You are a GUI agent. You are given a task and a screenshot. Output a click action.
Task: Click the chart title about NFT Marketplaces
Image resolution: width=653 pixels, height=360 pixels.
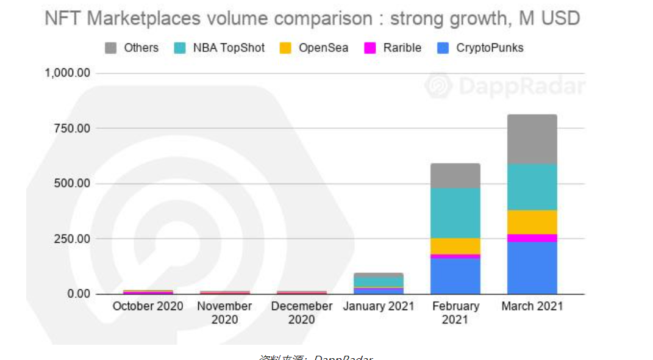(x=312, y=18)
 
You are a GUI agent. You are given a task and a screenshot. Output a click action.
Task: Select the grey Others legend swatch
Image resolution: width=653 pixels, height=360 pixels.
(x=111, y=48)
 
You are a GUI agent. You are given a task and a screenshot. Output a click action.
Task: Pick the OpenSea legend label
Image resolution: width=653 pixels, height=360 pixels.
(x=323, y=48)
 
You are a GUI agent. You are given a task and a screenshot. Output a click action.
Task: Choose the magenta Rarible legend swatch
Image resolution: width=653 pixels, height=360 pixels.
(x=370, y=48)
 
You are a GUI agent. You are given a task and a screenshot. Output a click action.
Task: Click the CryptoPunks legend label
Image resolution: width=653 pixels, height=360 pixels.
(x=490, y=48)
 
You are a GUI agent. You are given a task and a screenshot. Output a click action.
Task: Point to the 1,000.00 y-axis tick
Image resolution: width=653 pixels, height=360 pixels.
(x=68, y=73)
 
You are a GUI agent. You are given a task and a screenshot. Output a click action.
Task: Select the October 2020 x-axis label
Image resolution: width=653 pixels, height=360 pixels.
(x=148, y=306)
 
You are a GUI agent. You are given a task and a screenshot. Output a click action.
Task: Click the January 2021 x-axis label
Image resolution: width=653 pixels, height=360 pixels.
(x=379, y=306)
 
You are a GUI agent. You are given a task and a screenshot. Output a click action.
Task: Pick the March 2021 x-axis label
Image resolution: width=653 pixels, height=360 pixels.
(x=532, y=306)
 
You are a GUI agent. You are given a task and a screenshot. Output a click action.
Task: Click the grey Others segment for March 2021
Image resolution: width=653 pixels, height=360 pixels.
(x=532, y=139)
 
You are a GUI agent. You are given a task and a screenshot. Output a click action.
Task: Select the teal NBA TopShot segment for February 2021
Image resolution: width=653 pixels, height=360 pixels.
(x=455, y=213)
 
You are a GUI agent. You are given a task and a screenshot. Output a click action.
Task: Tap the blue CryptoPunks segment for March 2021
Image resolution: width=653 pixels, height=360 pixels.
(x=532, y=268)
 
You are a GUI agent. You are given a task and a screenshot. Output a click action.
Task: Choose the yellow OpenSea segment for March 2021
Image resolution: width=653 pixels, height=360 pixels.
(x=532, y=222)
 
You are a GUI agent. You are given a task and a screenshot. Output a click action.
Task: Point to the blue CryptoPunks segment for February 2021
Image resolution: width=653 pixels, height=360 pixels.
(x=455, y=276)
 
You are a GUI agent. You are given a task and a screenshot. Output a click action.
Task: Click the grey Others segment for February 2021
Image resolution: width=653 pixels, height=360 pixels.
(x=455, y=176)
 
